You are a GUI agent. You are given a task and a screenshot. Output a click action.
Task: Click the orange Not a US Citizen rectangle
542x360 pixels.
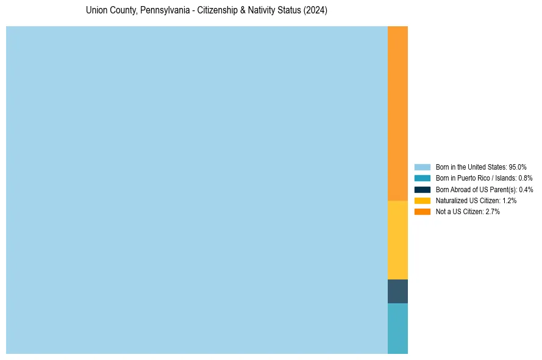[x=398, y=113]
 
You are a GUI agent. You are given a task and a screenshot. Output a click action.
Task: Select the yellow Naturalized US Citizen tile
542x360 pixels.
[x=398, y=240]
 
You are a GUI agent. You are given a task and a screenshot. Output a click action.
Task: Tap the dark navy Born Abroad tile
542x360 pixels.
[x=398, y=291]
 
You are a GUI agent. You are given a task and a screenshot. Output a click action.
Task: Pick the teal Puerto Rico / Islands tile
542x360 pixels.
[x=398, y=328]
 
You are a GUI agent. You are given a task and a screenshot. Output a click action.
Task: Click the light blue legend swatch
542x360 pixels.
[x=422, y=167]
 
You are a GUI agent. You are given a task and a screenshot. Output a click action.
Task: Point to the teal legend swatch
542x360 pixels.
[x=422, y=178]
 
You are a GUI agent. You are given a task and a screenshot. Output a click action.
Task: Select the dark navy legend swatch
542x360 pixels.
[x=422, y=189]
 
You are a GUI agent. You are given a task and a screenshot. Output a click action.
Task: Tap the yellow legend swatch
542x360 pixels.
[x=422, y=200]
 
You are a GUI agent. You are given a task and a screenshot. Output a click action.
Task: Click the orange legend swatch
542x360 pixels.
[x=422, y=211]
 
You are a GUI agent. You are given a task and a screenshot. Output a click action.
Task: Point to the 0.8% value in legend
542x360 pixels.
[x=525, y=178]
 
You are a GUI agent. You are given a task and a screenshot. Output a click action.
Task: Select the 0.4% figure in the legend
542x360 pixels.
[x=525, y=189]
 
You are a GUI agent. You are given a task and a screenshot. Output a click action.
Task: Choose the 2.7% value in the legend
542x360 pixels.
[x=492, y=211]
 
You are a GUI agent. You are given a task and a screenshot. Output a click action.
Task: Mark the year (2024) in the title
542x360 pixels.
[x=315, y=11]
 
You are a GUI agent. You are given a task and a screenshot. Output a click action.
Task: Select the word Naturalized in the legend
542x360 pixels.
[x=451, y=200]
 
